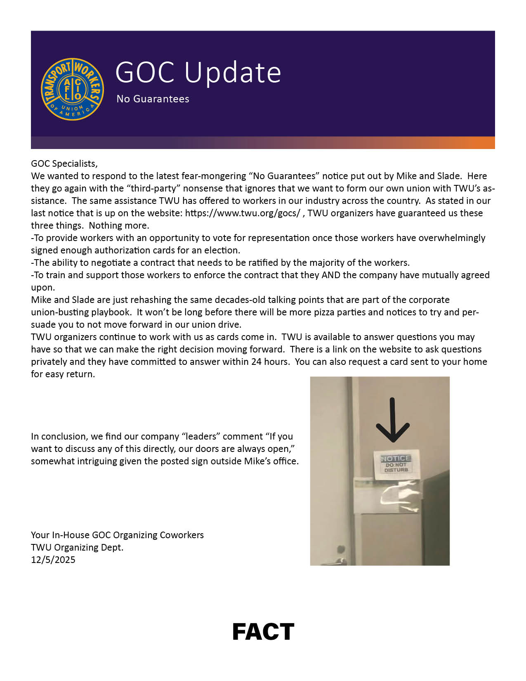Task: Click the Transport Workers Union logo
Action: click(72, 89)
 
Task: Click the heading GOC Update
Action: click(198, 73)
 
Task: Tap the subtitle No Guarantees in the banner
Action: click(153, 99)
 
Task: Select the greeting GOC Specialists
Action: click(64, 164)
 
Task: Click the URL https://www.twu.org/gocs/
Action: click(243, 213)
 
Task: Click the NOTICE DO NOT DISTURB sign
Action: click(396, 464)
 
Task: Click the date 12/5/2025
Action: click(53, 560)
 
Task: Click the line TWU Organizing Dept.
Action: click(77, 548)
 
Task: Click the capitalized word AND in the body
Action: click(331, 275)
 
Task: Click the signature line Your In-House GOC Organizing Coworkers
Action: click(117, 535)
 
